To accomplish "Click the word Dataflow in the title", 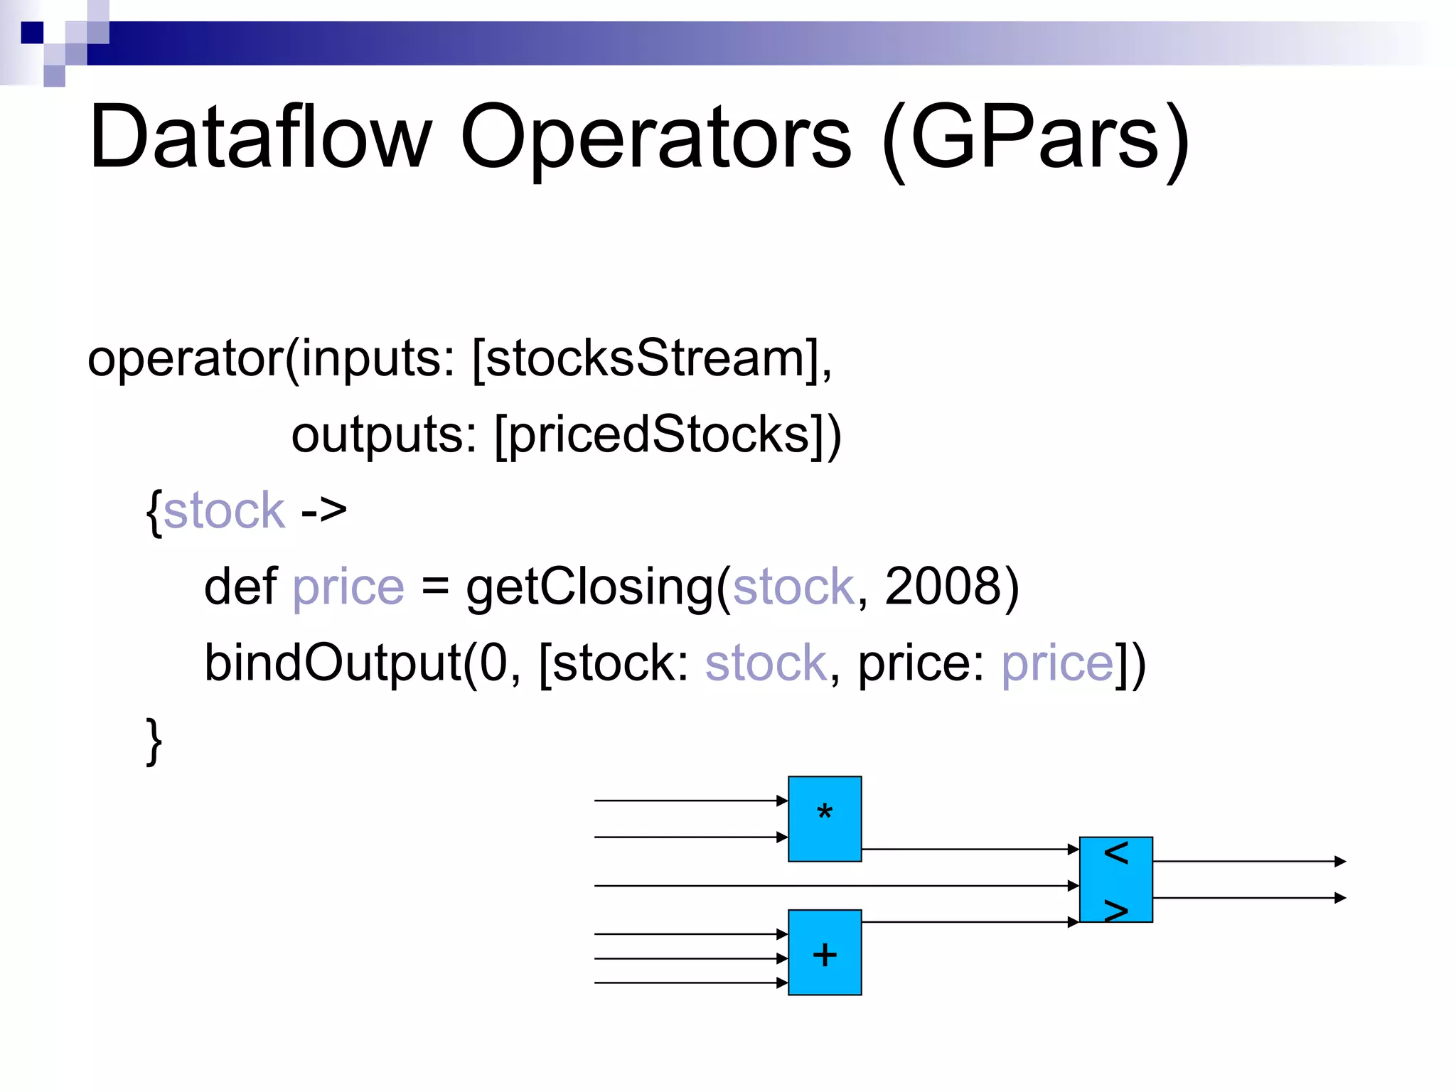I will coord(260,137).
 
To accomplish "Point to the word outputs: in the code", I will coord(384,434).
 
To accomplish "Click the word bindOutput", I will coord(333,663).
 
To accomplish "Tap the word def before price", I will coord(240,587).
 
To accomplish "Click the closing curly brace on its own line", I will coord(154,741).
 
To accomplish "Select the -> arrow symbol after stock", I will coord(323,510).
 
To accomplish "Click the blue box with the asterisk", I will coord(825,819).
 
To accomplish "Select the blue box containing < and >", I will coord(1115,879).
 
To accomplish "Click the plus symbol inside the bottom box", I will coord(825,954).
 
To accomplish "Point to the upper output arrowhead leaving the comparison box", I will coord(1339,862).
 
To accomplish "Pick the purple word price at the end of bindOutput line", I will coord(1057,663).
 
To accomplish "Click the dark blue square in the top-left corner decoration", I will coord(32,33).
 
